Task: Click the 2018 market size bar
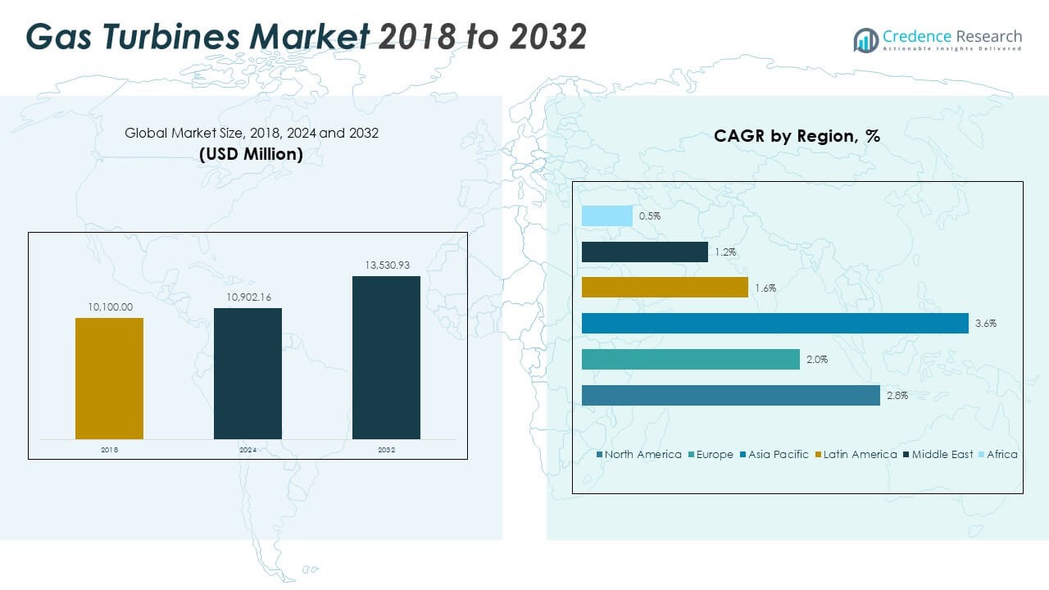pyautogui.click(x=109, y=379)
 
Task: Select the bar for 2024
pyautogui.click(x=247, y=374)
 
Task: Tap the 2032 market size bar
pyautogui.click(x=386, y=357)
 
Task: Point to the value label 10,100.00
pyautogui.click(x=110, y=307)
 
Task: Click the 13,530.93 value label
pyautogui.click(x=387, y=265)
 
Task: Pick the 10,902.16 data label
pyautogui.click(x=248, y=297)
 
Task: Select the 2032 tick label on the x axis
pyautogui.click(x=386, y=450)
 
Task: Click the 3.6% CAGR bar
pyautogui.click(x=774, y=324)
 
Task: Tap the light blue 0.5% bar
pyautogui.click(x=606, y=216)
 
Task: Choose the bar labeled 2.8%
pyautogui.click(x=730, y=395)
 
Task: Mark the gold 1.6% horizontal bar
pyautogui.click(x=665, y=288)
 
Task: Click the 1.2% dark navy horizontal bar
pyautogui.click(x=644, y=252)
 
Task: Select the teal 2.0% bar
pyautogui.click(x=690, y=359)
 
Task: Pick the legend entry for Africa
pyautogui.click(x=1001, y=455)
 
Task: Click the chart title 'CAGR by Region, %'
pyautogui.click(x=797, y=136)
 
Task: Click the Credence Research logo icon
pyautogui.click(x=865, y=39)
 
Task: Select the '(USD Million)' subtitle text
pyautogui.click(x=251, y=154)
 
